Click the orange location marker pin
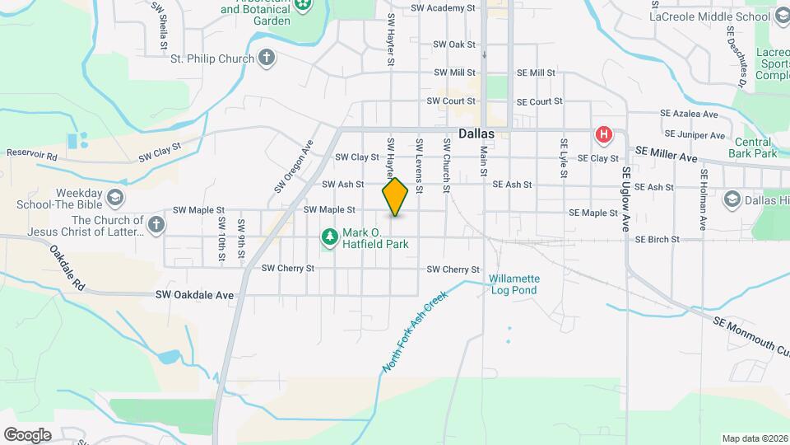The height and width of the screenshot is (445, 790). [395, 197]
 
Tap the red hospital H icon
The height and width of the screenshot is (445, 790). [604, 133]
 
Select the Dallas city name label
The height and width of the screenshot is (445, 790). [476, 133]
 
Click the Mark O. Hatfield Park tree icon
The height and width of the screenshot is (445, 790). [330, 238]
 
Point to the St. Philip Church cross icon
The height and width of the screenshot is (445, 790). [266, 59]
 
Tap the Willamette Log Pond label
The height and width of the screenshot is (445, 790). [514, 284]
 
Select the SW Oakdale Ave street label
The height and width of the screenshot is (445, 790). [195, 294]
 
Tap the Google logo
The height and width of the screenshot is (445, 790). [27, 434]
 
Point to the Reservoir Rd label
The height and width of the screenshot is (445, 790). [32, 154]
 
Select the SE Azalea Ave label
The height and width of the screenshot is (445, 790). [690, 115]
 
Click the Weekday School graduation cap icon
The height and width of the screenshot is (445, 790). [116, 198]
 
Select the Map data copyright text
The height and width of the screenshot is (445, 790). [754, 438]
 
